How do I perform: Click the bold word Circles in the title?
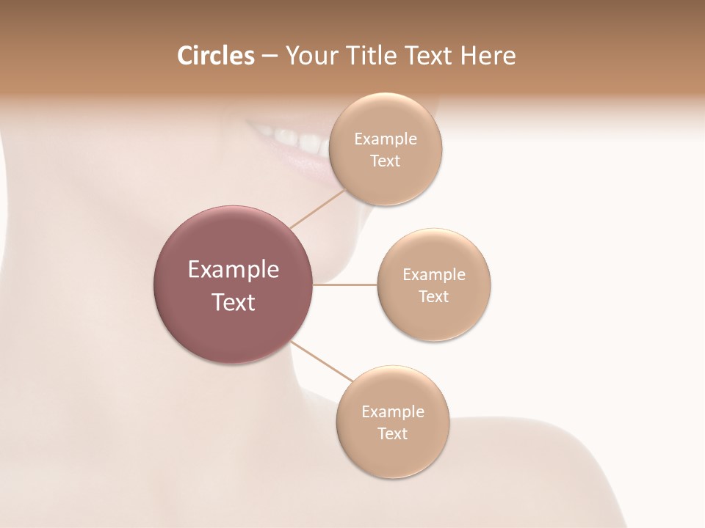click(215, 56)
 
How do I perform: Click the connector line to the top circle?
click(318, 208)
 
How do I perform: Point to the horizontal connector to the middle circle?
click(345, 285)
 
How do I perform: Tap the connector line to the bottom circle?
click(322, 362)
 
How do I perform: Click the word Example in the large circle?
click(234, 270)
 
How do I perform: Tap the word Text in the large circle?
click(234, 302)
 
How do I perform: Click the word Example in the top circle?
click(386, 139)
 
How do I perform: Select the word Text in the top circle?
click(386, 161)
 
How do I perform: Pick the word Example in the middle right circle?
click(434, 275)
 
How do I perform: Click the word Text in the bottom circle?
click(392, 433)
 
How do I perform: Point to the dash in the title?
click(269, 56)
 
